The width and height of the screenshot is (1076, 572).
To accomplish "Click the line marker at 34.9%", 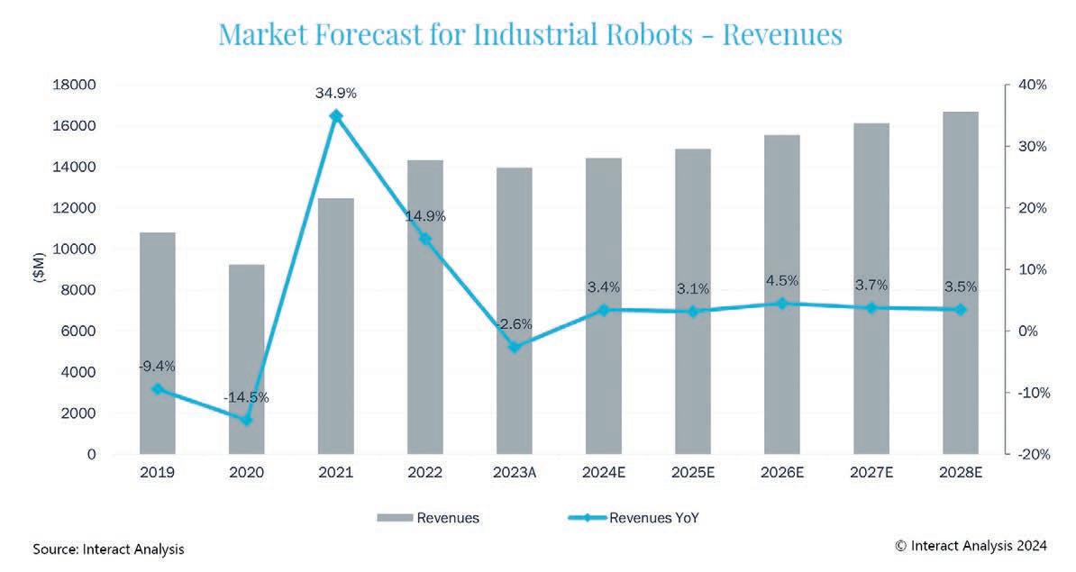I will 336,115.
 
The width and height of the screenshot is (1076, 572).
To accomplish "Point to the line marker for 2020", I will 247,420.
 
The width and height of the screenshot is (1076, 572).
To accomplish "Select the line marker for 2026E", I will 782,304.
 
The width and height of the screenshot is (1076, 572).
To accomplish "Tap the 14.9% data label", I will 426,217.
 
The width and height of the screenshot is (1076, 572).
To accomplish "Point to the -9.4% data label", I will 157,367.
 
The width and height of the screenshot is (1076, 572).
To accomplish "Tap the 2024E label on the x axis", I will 603,473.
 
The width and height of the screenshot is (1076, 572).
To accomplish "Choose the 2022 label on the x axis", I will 424,473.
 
